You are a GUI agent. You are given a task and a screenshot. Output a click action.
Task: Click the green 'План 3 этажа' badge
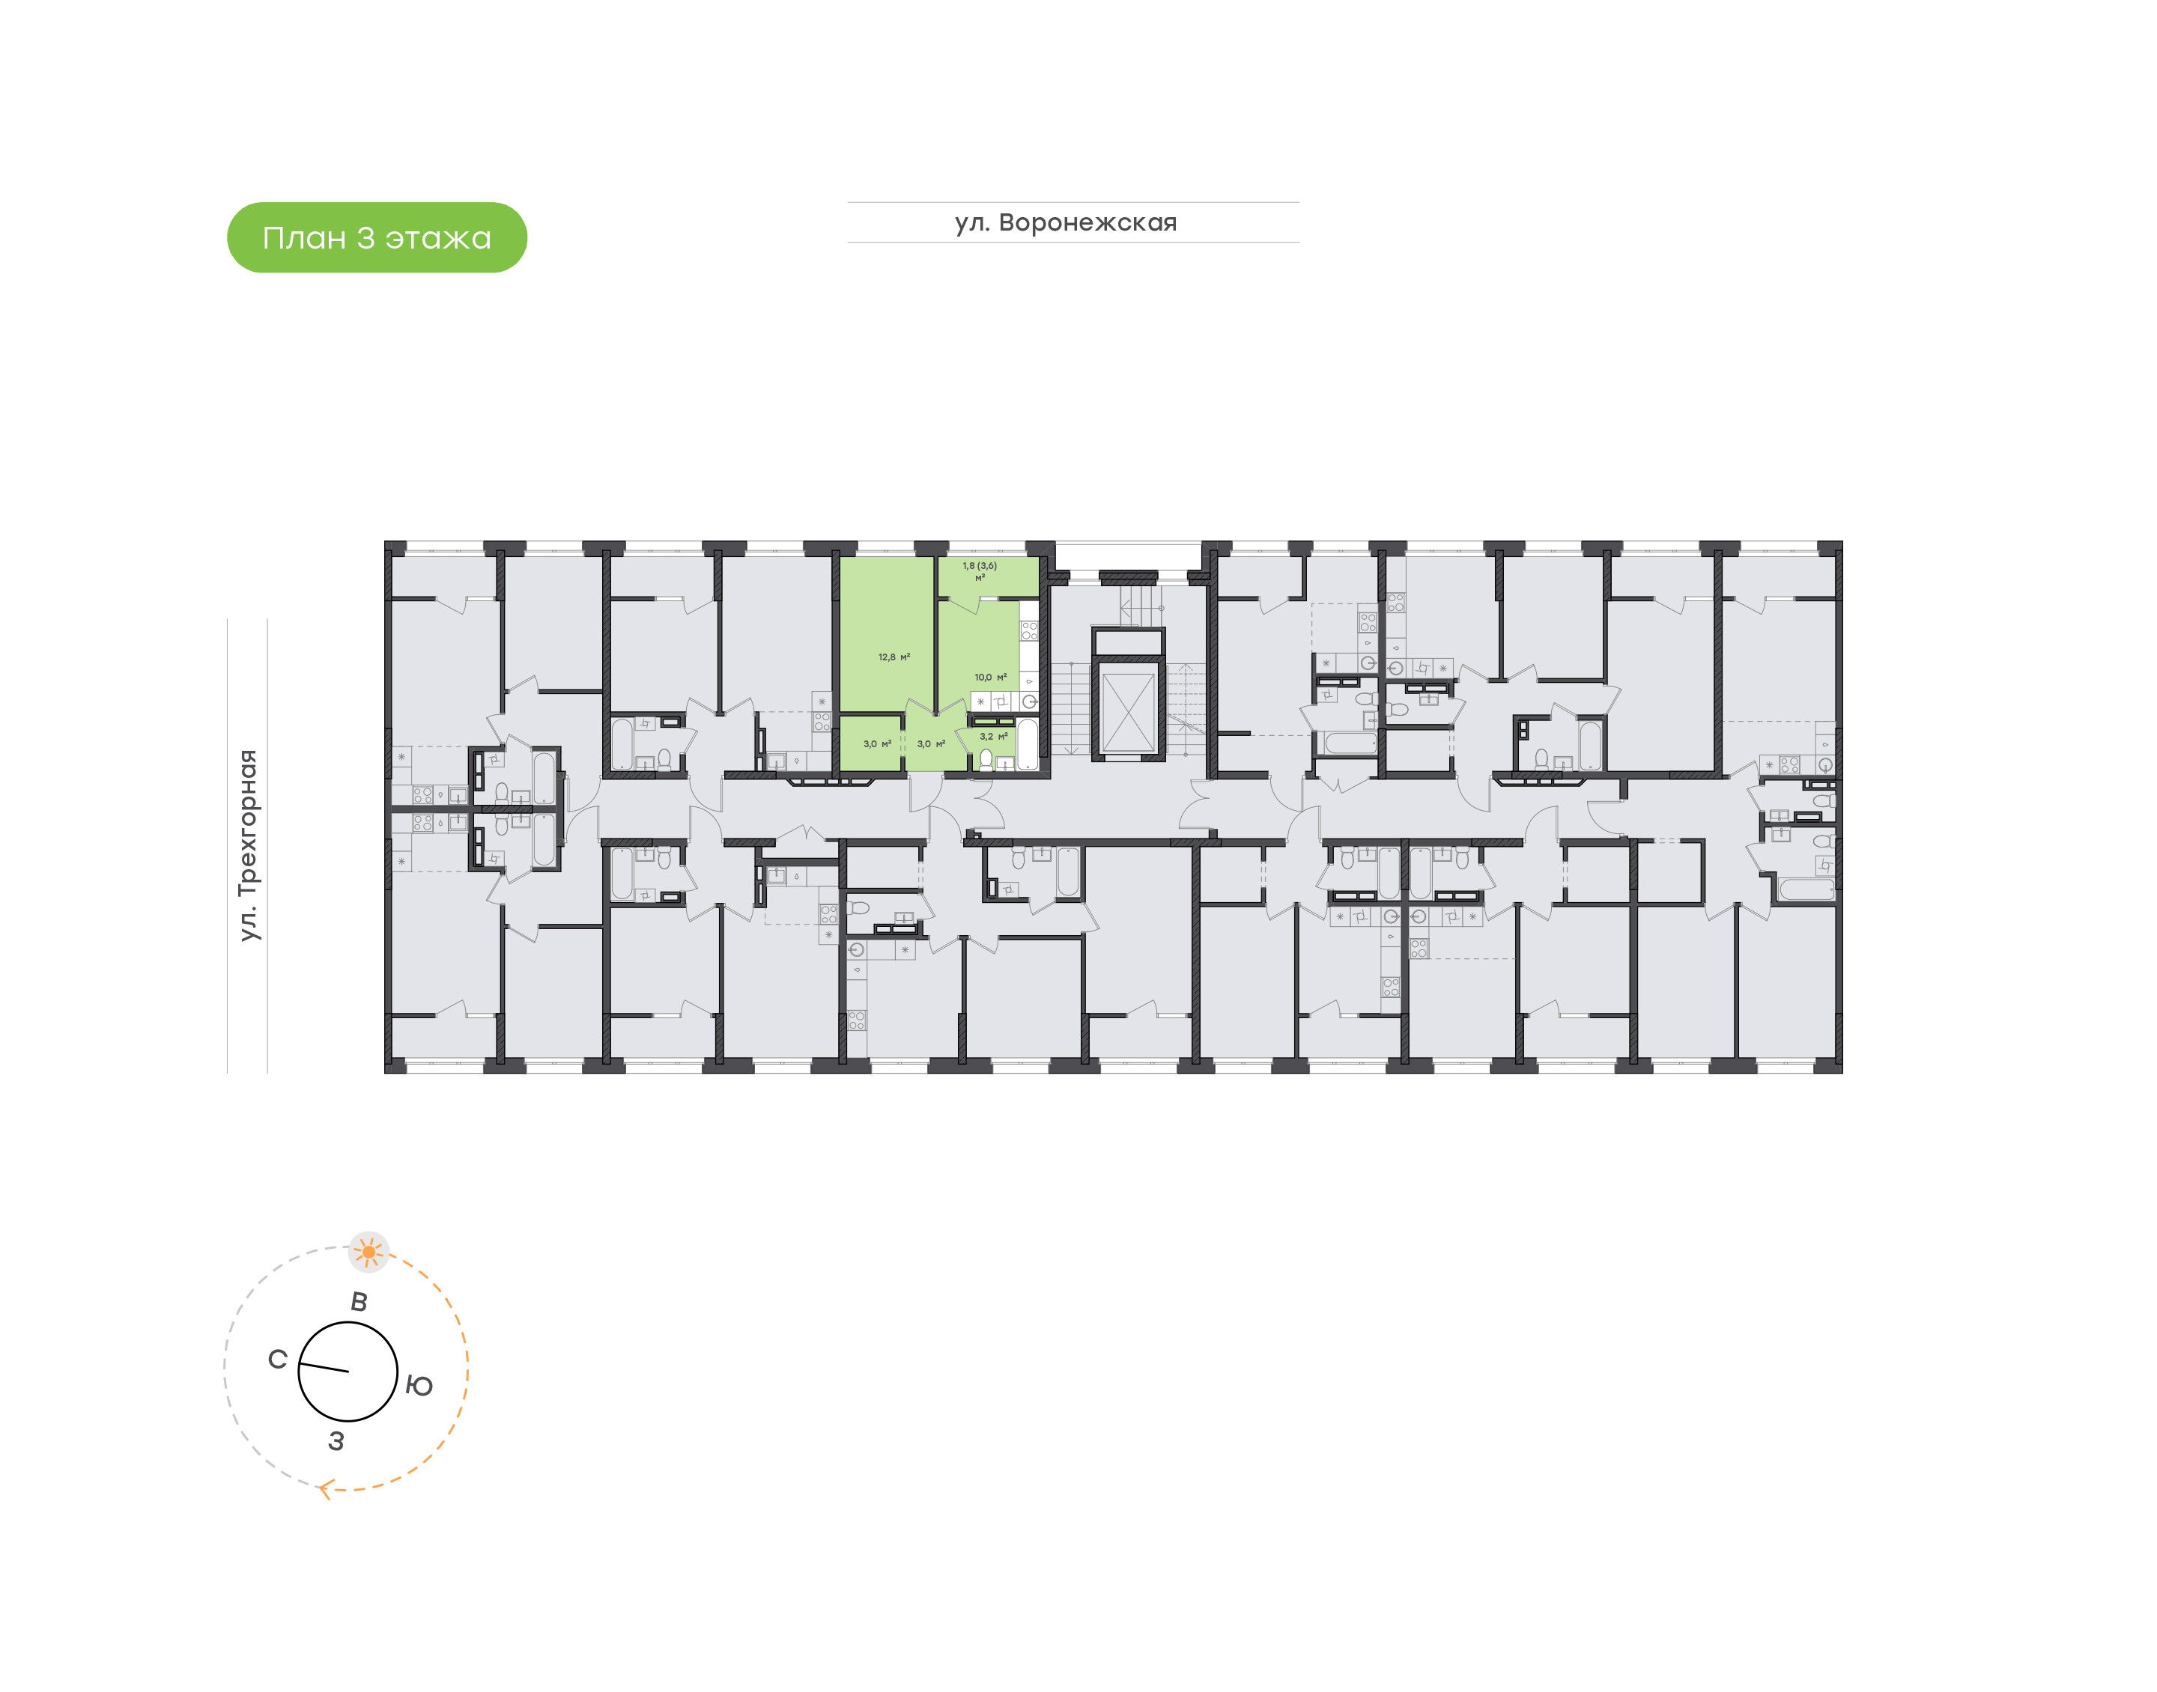point(377,238)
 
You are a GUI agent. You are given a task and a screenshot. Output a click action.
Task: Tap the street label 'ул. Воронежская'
point(1066,223)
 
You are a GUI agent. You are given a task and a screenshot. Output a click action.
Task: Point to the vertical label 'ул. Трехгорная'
point(249,845)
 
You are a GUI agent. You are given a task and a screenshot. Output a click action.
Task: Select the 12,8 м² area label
point(894,657)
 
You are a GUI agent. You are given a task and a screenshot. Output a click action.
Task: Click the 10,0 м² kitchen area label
point(990,678)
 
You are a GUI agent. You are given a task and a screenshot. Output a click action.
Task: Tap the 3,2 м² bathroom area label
point(994,737)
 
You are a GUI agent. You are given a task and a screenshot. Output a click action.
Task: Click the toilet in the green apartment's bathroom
point(986,760)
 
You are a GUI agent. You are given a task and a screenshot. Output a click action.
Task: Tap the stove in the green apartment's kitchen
point(1030,631)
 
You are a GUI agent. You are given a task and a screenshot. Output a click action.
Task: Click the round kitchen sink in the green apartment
point(1030,702)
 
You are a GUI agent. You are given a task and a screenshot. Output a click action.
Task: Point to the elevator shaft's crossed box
point(1129,711)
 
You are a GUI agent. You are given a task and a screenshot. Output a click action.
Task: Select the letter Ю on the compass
point(419,1386)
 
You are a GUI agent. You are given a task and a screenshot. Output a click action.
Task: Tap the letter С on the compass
point(277,1359)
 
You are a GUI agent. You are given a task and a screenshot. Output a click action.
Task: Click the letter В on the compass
point(359,1302)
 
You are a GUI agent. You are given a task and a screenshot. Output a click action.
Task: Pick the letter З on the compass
point(336,1441)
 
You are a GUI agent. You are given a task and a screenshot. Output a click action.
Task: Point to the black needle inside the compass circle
point(324,1368)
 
